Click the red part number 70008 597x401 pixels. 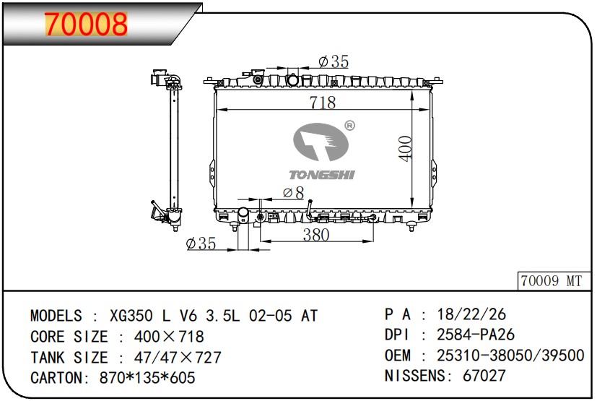pos(86,24)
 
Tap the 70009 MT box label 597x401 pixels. pos(552,281)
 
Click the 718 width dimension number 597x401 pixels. pos(323,102)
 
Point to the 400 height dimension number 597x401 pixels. pos(406,148)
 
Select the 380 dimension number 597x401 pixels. pos(316,234)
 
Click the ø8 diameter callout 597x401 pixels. pos(294,193)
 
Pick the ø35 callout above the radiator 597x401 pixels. pos(334,61)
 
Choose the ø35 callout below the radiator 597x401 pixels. pos(201,243)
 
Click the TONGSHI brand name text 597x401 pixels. pos(322,175)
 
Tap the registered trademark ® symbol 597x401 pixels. pos(349,126)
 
